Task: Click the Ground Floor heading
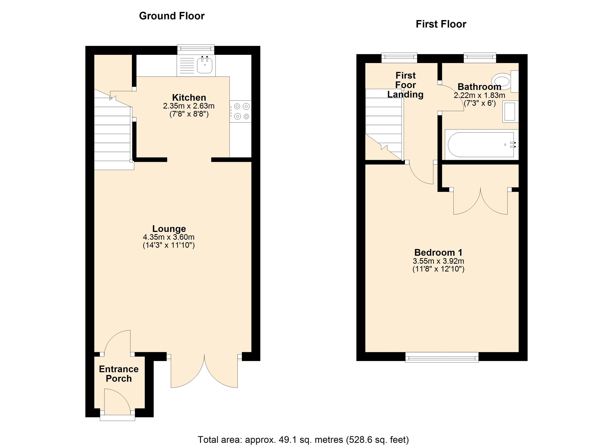coord(172,16)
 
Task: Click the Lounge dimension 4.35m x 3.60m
coord(169,237)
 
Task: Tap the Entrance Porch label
coord(119,374)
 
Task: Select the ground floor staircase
coord(113,130)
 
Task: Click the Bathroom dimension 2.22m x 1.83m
coord(479,95)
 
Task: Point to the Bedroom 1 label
coord(438,253)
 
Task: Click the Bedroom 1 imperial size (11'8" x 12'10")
coord(438,269)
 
